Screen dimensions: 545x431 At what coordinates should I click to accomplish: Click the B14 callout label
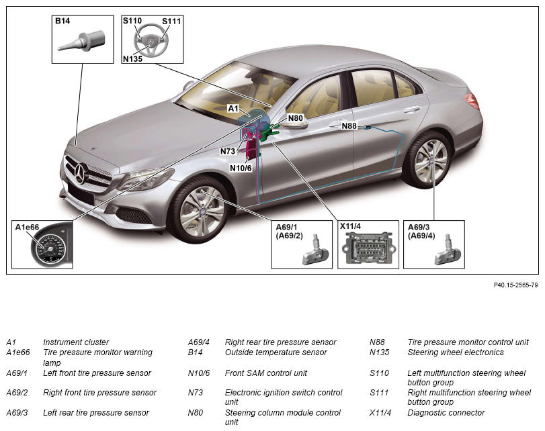tap(62, 21)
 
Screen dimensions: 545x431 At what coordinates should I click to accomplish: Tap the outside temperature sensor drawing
tap(82, 42)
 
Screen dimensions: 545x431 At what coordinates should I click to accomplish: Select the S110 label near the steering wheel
tap(132, 21)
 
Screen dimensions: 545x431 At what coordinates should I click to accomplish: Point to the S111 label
tap(171, 21)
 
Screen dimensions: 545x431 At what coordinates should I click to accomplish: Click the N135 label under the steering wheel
tap(133, 59)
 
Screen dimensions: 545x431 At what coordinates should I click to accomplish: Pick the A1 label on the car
tap(233, 108)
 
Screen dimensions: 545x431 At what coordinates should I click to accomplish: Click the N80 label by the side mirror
tap(296, 118)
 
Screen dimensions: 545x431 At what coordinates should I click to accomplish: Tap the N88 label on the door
tap(349, 126)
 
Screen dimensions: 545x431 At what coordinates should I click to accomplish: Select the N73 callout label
tap(228, 151)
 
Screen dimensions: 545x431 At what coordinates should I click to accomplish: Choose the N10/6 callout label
tap(241, 168)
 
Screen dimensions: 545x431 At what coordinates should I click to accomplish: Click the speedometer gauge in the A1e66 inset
tap(48, 249)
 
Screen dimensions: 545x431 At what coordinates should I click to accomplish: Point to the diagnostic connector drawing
tap(368, 248)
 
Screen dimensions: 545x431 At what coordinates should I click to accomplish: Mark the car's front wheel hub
tap(202, 210)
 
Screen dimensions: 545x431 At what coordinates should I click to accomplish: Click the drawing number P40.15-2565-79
tap(516, 285)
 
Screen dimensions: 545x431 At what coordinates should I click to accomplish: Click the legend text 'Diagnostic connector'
tap(446, 413)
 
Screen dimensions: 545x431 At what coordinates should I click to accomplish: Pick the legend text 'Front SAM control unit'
tap(266, 373)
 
